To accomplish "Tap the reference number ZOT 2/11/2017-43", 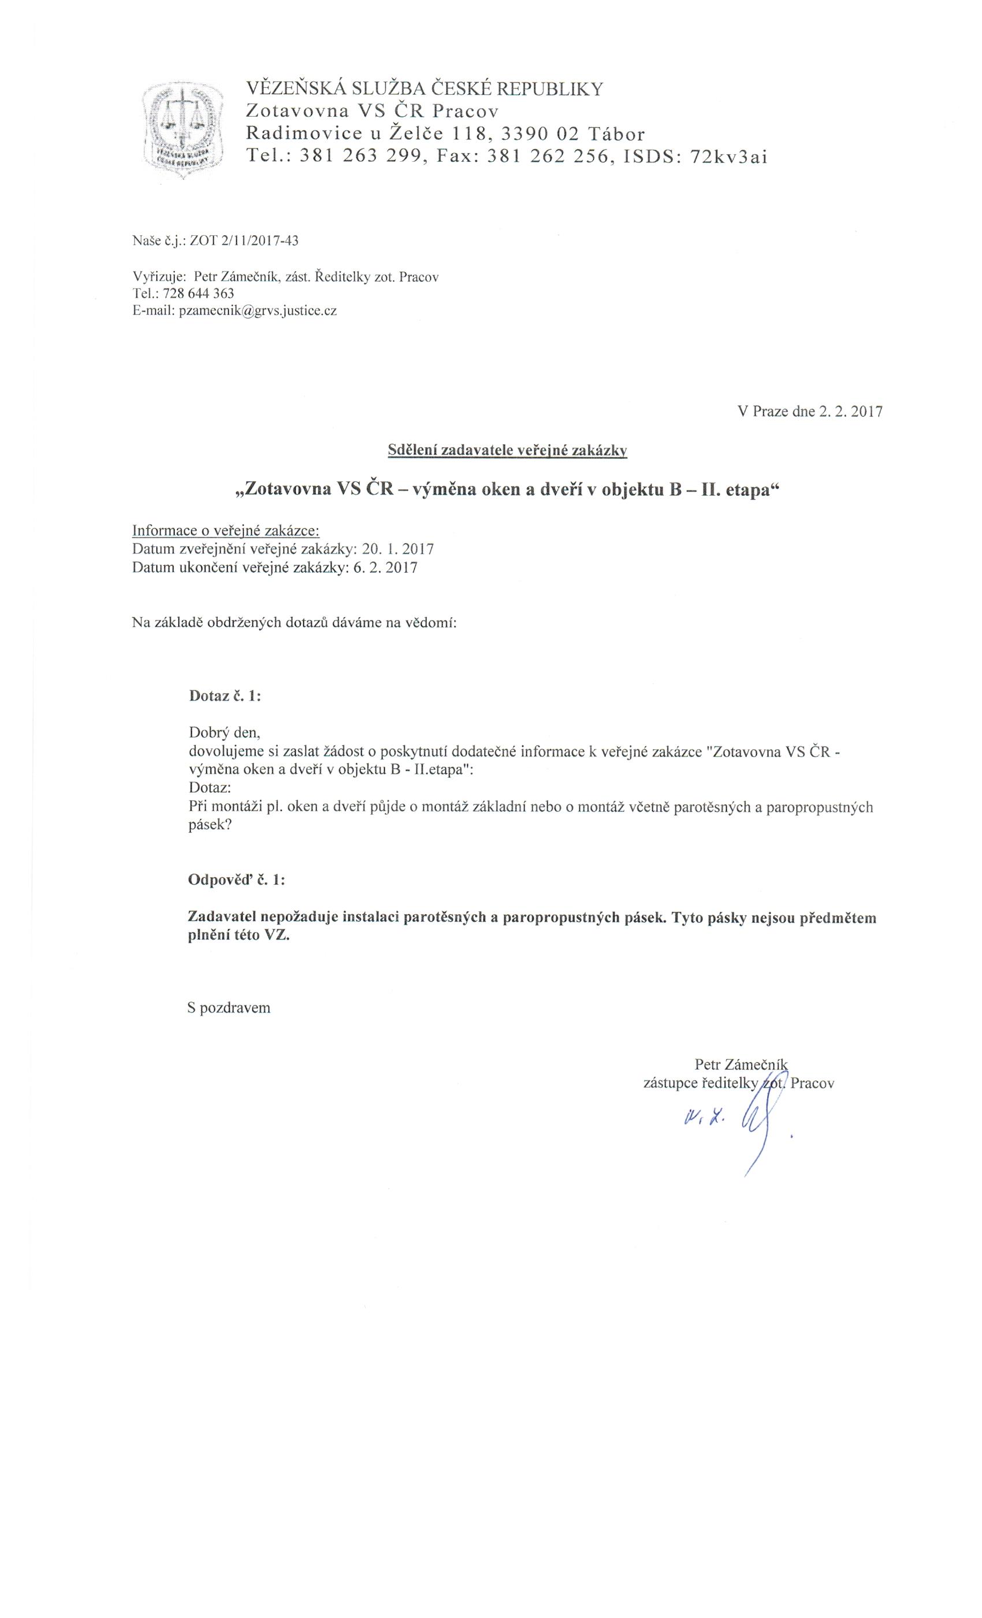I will click(x=244, y=241).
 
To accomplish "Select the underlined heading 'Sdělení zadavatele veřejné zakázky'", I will click(x=507, y=451).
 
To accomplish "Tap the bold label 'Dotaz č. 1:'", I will click(x=225, y=696).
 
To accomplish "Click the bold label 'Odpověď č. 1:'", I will click(x=236, y=880).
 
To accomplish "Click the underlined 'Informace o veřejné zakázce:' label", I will click(x=226, y=530).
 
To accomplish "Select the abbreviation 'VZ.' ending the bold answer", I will click(x=277, y=936).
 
